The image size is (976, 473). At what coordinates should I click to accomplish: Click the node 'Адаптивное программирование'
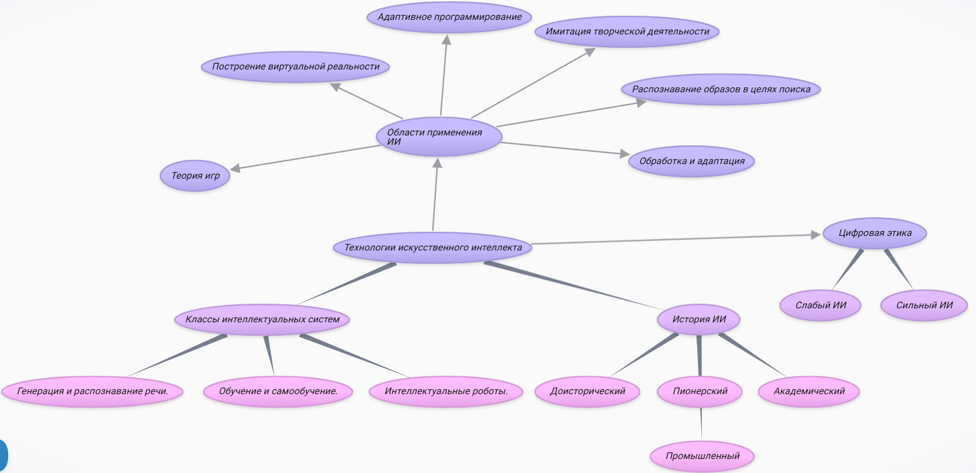pyautogui.click(x=449, y=17)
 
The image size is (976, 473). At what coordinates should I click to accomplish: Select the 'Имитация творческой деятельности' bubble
pyautogui.click(x=627, y=32)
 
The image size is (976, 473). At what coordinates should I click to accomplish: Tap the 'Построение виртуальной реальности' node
pyautogui.click(x=296, y=67)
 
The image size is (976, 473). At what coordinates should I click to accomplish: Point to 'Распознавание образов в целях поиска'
pyautogui.click(x=721, y=89)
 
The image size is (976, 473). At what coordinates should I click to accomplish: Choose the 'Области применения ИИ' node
pyautogui.click(x=439, y=137)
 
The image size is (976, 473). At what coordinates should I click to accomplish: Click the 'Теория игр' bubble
pyautogui.click(x=195, y=175)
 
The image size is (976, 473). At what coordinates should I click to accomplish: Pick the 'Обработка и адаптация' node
pyautogui.click(x=691, y=161)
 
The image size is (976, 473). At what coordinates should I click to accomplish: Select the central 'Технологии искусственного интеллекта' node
pyautogui.click(x=432, y=248)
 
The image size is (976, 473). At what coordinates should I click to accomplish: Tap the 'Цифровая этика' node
pyautogui.click(x=874, y=233)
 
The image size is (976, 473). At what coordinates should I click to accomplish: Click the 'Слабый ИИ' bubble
pyautogui.click(x=821, y=305)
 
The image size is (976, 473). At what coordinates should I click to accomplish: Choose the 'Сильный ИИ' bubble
pyautogui.click(x=924, y=305)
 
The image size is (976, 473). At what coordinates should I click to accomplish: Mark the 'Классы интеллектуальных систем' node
pyautogui.click(x=262, y=319)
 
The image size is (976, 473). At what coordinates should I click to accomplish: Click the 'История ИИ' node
pyautogui.click(x=699, y=319)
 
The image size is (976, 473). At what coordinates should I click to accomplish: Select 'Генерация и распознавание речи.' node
pyautogui.click(x=92, y=391)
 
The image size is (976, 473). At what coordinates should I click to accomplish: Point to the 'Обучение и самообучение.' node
pyautogui.click(x=278, y=391)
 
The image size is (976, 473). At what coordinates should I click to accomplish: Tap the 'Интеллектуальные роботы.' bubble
pyautogui.click(x=446, y=391)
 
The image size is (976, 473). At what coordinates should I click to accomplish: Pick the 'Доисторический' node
pyautogui.click(x=587, y=391)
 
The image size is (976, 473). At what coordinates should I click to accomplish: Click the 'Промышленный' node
pyautogui.click(x=702, y=456)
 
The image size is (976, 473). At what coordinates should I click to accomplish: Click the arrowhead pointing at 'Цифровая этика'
pyautogui.click(x=816, y=235)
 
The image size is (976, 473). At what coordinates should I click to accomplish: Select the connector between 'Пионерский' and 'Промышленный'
pyautogui.click(x=701, y=424)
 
